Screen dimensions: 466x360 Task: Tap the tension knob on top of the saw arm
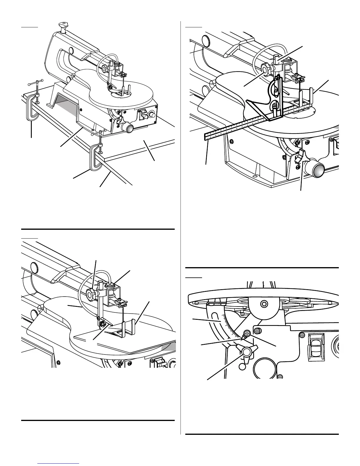pyautogui.click(x=62, y=24)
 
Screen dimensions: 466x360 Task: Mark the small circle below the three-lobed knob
pyautogui.click(x=242, y=367)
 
